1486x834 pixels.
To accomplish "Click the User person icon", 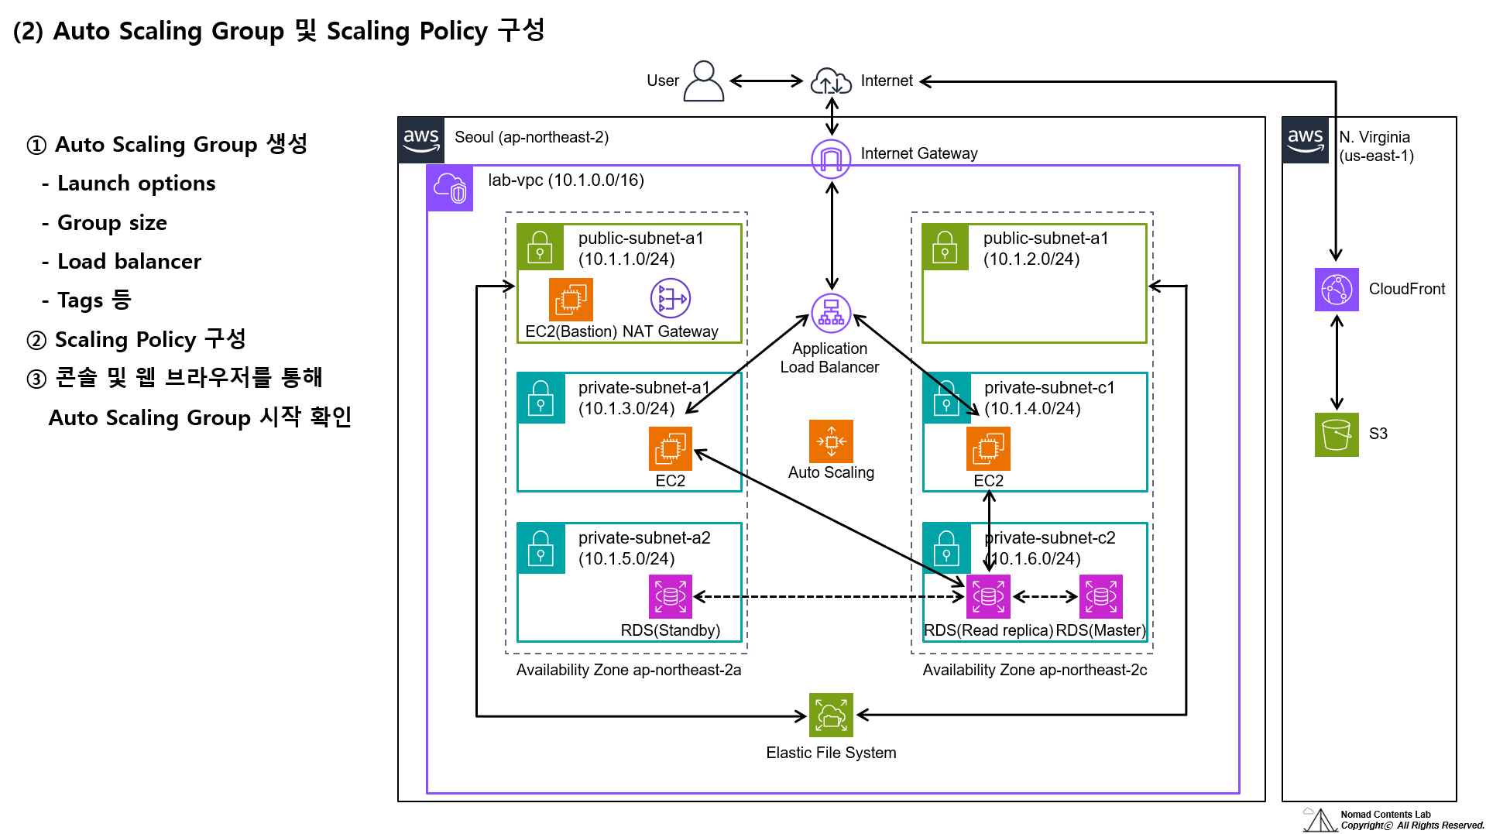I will tap(703, 81).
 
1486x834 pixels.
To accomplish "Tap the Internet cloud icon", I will tap(831, 81).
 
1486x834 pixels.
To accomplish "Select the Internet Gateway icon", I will tap(831, 159).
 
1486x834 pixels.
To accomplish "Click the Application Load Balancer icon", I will tap(831, 314).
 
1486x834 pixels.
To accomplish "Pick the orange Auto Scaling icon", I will tap(831, 441).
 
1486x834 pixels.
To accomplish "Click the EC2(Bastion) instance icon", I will tap(571, 299).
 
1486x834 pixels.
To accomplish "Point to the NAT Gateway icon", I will tap(671, 299).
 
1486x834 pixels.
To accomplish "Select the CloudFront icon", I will tap(1337, 290).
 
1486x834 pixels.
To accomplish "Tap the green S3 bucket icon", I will tap(1337, 434).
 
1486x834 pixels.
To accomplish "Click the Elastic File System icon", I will tap(831, 715).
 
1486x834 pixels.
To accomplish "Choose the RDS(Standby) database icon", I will tap(671, 596).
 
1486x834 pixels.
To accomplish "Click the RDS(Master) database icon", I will tap(1100, 596).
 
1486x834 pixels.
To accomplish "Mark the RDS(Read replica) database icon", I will tap(989, 596).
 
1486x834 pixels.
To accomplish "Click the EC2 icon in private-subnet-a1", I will tap(671, 448).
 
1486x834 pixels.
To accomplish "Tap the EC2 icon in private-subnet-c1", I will tap(988, 448).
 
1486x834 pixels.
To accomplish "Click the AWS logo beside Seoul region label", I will tap(421, 140).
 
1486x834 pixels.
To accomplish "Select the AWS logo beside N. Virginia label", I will tap(1306, 140).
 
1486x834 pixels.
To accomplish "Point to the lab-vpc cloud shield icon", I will tap(450, 188).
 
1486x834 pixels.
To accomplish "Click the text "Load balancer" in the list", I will tap(129, 262).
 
